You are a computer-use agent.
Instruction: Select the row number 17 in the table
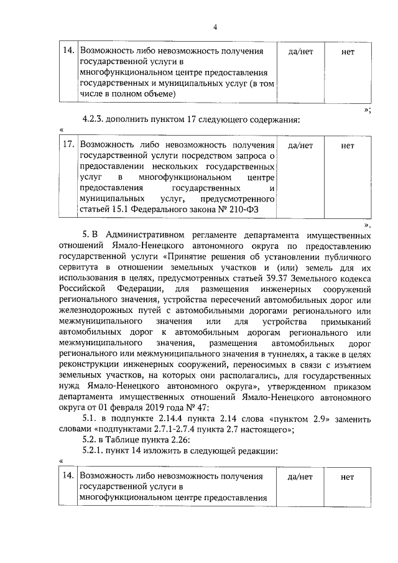tap(70, 144)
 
